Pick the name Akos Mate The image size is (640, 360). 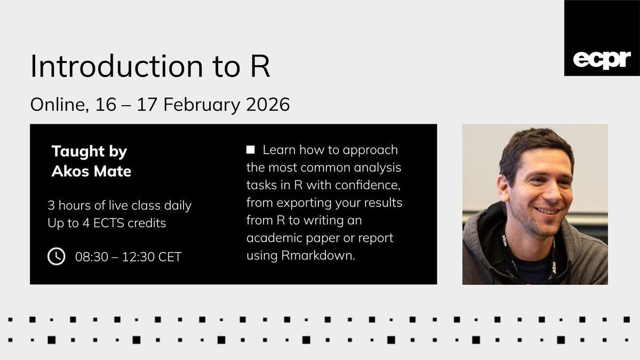[91, 172]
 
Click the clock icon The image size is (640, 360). [57, 257]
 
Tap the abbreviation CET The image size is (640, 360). [167, 257]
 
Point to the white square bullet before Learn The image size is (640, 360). [251, 150]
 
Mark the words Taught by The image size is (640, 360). [89, 151]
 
